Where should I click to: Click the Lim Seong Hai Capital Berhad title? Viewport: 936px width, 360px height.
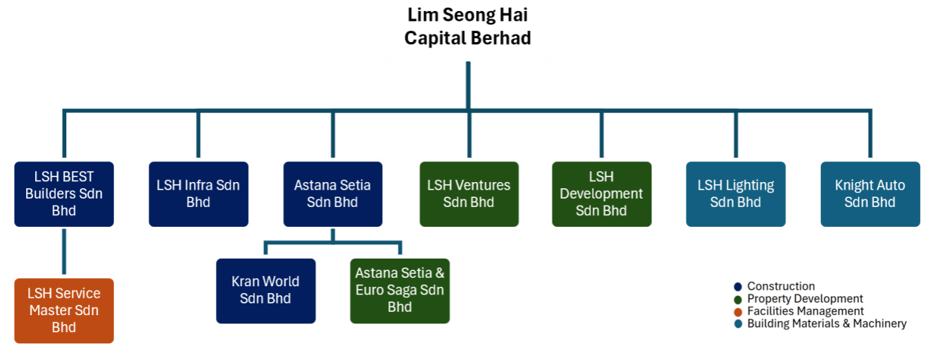tap(468, 26)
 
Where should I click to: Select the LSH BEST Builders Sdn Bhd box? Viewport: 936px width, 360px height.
tap(64, 194)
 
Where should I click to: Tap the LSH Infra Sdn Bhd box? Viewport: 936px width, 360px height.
tap(199, 194)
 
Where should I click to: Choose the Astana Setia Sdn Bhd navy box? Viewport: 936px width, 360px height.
tap(332, 194)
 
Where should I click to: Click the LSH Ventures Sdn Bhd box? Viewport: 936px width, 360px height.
tap(469, 194)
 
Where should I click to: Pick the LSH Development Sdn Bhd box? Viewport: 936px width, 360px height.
tap(601, 194)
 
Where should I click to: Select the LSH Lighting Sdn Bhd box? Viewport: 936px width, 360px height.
tap(736, 194)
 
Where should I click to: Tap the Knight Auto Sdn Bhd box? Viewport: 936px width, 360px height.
tap(870, 194)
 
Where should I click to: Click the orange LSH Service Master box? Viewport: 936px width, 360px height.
tap(64, 311)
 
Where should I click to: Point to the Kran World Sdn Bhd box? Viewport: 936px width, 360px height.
tap(266, 290)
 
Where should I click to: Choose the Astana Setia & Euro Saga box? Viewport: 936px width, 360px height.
tap(400, 290)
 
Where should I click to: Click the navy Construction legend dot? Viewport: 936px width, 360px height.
tap(738, 287)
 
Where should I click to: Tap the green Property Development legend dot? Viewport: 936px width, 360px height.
tap(738, 299)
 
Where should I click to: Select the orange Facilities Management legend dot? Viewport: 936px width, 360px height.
tap(738, 312)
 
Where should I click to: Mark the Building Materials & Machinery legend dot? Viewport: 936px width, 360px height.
tap(738, 324)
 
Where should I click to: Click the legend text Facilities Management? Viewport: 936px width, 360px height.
tap(805, 311)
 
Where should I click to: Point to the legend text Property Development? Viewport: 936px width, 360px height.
tap(805, 299)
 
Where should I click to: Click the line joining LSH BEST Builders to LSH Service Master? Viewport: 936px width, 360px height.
tap(64, 252)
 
